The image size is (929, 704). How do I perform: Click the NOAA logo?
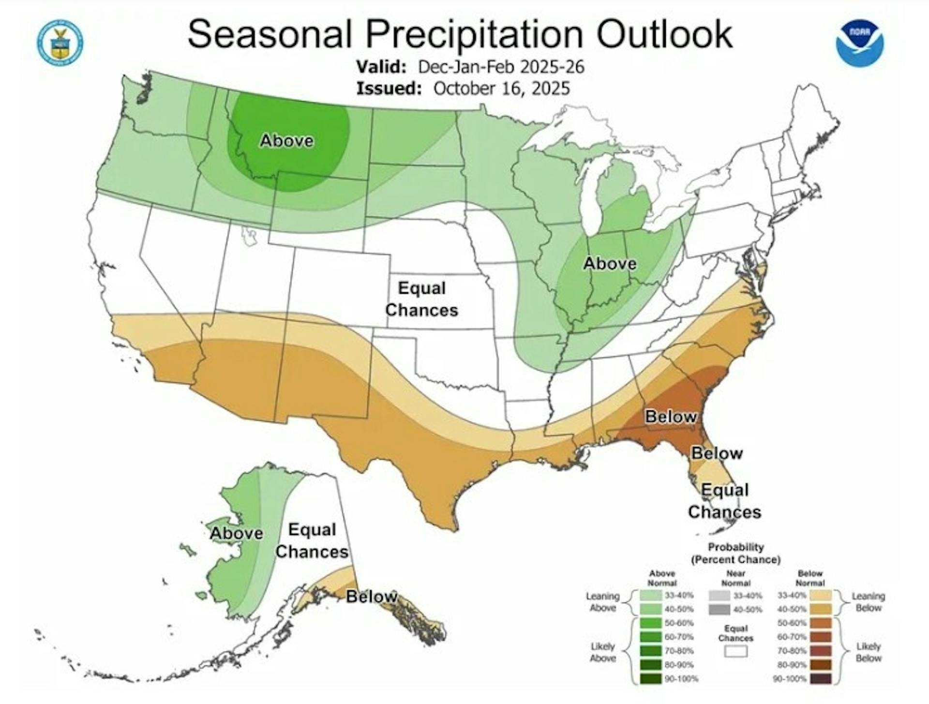click(860, 43)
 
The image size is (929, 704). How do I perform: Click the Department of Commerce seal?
click(60, 43)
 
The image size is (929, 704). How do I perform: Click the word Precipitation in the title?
click(474, 34)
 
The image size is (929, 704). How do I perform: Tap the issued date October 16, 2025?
click(501, 89)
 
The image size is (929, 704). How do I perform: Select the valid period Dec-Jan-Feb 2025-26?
click(501, 66)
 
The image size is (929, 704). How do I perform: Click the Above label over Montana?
click(287, 141)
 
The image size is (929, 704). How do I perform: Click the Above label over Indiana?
click(610, 264)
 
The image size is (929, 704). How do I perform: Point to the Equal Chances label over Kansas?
click(421, 299)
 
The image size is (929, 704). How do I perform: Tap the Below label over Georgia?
click(671, 417)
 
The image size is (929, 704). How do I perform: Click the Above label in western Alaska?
click(237, 533)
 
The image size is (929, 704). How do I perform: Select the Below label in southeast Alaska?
click(372, 597)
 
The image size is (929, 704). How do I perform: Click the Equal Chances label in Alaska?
click(312, 540)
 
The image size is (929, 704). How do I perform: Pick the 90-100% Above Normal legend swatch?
click(650, 679)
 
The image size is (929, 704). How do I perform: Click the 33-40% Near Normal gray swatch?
click(719, 595)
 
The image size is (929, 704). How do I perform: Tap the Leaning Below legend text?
click(868, 602)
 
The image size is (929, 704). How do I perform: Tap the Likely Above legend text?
click(602, 652)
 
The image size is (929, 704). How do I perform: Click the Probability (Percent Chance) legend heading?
click(735, 554)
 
